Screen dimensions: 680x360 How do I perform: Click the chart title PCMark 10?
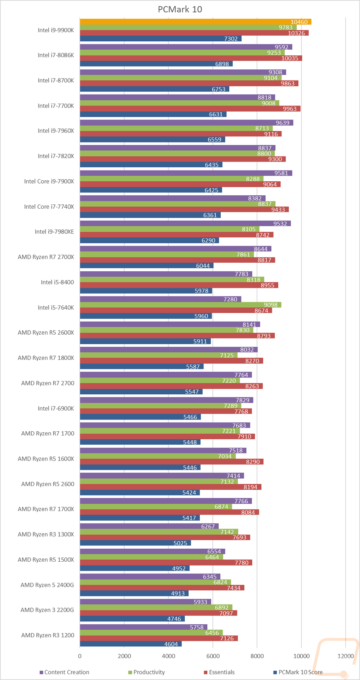[180, 9]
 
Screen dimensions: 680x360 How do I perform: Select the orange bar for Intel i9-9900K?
[195, 22]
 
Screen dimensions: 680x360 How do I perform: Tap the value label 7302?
[231, 39]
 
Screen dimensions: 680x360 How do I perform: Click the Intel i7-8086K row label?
[56, 55]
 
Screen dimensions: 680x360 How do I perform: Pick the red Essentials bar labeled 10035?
[191, 58]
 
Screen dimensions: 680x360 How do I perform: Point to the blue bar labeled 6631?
[153, 114]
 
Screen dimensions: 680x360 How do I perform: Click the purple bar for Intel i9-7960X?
[186, 123]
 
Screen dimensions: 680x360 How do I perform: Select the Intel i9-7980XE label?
[54, 232]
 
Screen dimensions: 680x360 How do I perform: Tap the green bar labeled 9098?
[180, 305]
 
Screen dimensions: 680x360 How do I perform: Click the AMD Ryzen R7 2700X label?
[46, 257]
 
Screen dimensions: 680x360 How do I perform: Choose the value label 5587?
[193, 367]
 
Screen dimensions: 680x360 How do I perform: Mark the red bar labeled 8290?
[171, 462]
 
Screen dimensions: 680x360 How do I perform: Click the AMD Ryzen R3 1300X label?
[46, 534]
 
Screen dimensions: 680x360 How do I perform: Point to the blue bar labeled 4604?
[131, 644]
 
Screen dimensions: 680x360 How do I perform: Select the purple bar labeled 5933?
[145, 602]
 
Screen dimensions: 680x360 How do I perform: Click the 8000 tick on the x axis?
[257, 656]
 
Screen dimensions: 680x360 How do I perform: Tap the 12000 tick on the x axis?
[346, 656]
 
